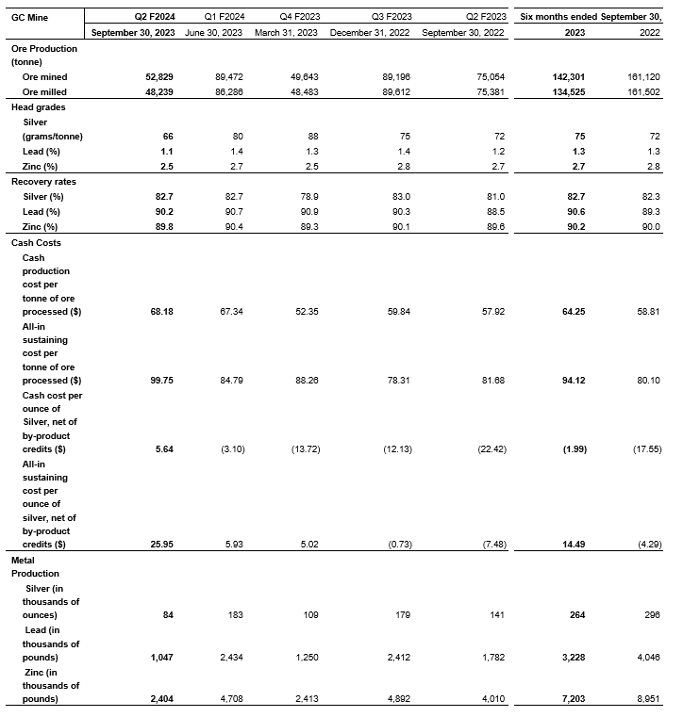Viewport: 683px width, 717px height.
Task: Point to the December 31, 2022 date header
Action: [x=369, y=33]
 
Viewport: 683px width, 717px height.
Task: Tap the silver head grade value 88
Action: [x=314, y=136]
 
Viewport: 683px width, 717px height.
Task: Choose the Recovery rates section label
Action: [x=42, y=181]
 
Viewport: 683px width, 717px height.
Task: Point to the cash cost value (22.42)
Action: [x=488, y=449]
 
